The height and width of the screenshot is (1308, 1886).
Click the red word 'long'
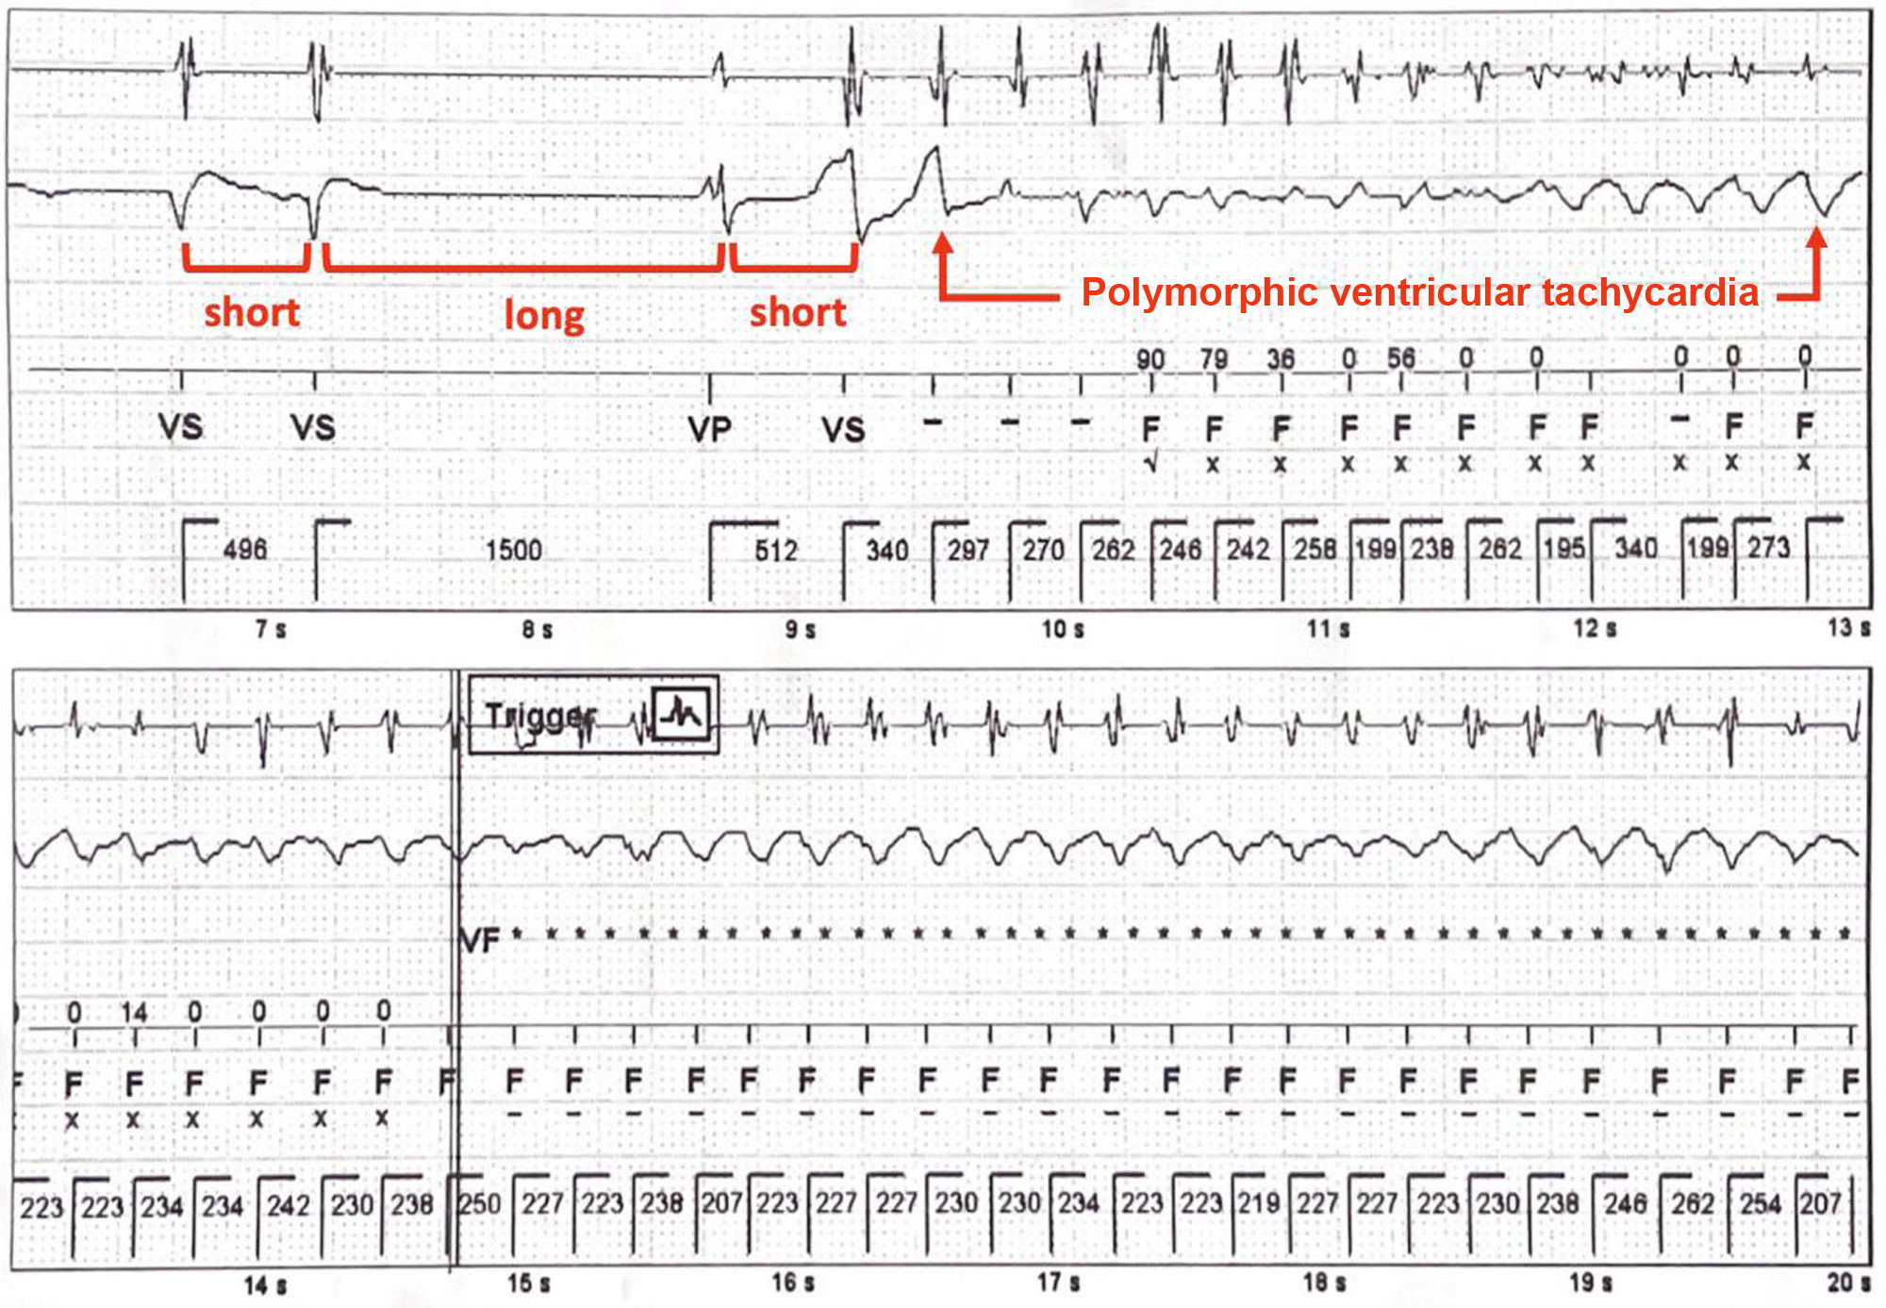544,315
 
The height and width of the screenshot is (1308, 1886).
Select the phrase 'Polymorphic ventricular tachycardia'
1419,292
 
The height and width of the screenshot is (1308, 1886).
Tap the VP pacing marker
709,430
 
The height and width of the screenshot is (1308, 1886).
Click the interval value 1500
514,550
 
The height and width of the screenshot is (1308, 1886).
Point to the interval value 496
245,549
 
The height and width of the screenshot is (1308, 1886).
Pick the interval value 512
776,550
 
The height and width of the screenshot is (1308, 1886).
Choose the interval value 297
968,550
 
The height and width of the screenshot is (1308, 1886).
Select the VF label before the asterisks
480,940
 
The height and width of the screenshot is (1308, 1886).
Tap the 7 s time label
271,628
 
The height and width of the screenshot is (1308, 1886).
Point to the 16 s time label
793,1283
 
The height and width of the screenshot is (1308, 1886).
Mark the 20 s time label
1848,1283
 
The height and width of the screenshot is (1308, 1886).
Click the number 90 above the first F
1150,359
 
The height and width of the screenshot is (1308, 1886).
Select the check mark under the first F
1150,464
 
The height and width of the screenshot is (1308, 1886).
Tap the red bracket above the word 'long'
523,267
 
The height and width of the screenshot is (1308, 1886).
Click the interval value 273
1768,548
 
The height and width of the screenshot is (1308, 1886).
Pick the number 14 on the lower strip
134,1013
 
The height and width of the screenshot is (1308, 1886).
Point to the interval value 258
1315,549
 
